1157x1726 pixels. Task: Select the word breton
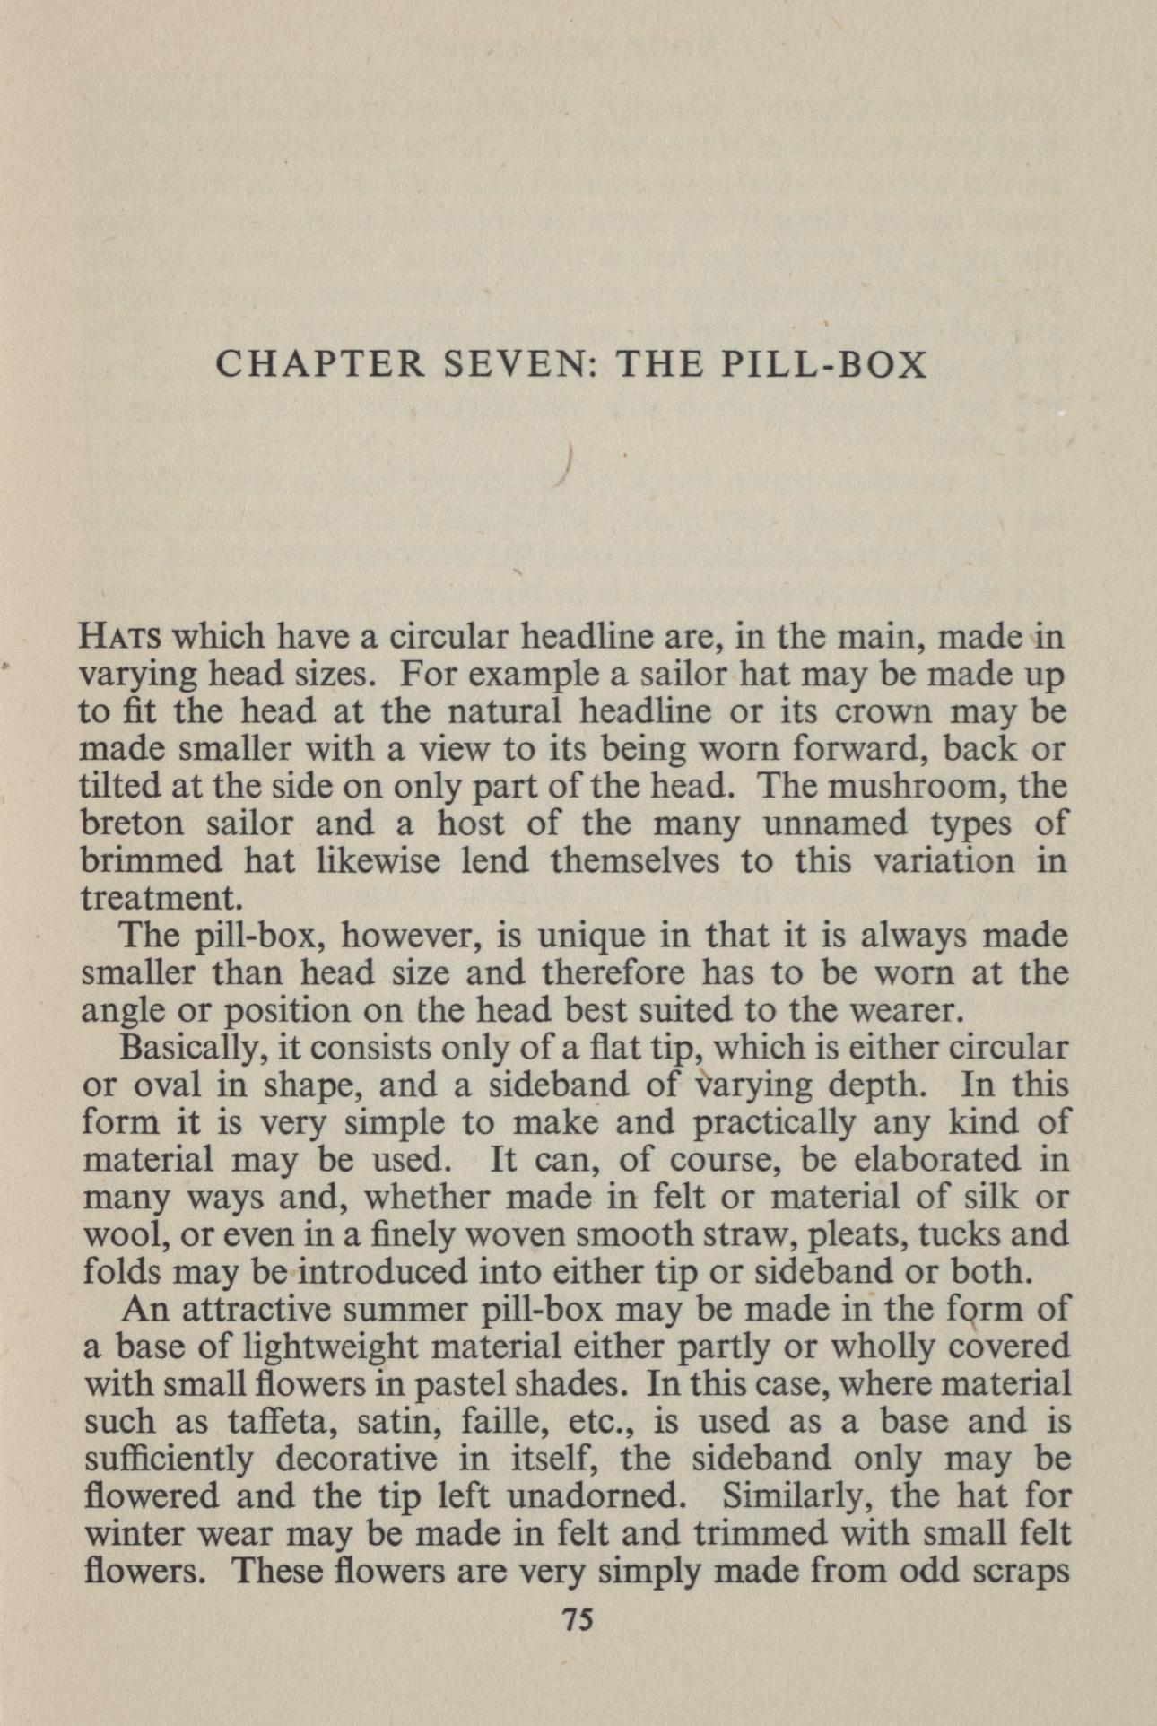coord(134,824)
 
